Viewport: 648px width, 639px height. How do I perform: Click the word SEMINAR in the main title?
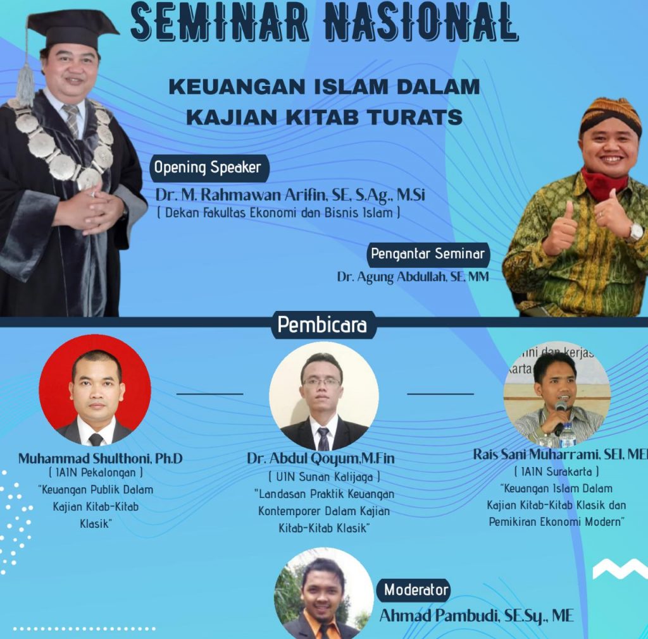pyautogui.click(x=220, y=22)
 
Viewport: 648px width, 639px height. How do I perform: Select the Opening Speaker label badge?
pyautogui.click(x=209, y=167)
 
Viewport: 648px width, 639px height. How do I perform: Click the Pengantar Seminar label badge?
pyautogui.click(x=428, y=254)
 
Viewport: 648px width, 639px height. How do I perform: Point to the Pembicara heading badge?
pyautogui.click(x=323, y=325)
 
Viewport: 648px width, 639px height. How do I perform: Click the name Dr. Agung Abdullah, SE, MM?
pyautogui.click(x=413, y=277)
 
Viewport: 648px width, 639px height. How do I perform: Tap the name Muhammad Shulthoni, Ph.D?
pyautogui.click(x=100, y=458)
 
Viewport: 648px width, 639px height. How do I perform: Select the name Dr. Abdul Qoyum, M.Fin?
pyautogui.click(x=321, y=458)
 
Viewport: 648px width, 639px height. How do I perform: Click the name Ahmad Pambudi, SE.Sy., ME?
pyautogui.click(x=477, y=616)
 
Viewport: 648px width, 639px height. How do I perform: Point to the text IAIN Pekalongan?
pyautogui.click(x=96, y=472)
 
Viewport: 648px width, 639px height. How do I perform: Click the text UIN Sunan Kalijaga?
pyautogui.click(x=324, y=477)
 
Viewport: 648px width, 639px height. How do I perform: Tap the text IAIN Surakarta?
pyautogui.click(x=556, y=472)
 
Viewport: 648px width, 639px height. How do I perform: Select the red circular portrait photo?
pyautogui.click(x=95, y=390)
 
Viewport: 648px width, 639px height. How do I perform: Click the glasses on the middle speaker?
pyautogui.click(x=321, y=382)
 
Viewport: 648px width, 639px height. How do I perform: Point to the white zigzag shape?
pyautogui.click(x=620, y=569)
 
